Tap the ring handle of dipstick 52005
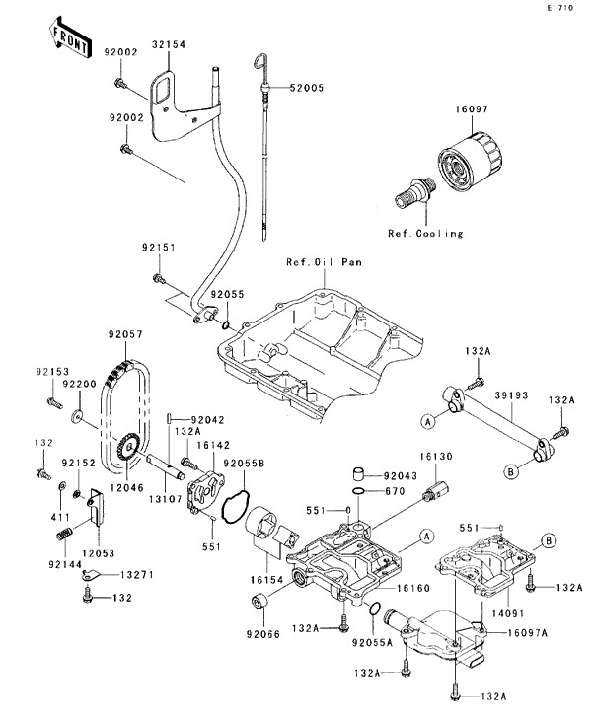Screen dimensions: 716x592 261,65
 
